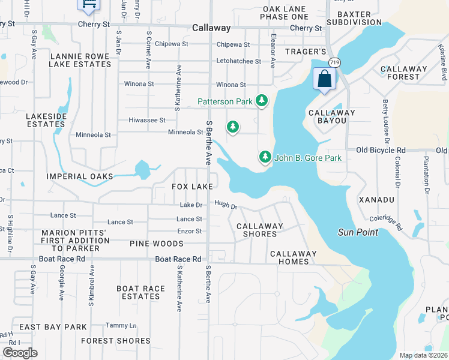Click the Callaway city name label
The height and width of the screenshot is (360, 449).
pos(211,28)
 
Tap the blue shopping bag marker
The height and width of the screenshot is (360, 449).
pos(324,79)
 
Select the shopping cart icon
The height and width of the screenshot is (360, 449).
pos(88,5)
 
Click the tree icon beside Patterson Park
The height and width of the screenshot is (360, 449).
pos(261,101)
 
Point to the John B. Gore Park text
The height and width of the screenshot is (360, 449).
pos(308,158)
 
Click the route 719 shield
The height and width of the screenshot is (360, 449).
pos(335,62)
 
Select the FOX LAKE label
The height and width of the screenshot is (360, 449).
pos(192,187)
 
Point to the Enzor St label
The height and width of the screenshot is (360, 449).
pos(189,231)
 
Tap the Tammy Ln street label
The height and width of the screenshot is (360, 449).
pos(121,326)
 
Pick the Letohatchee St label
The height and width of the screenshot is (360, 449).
pos(238,61)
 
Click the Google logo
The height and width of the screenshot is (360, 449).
pos(20,353)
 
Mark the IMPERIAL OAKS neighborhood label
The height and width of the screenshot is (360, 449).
pos(80,176)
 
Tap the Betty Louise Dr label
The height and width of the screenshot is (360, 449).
pos(386,120)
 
